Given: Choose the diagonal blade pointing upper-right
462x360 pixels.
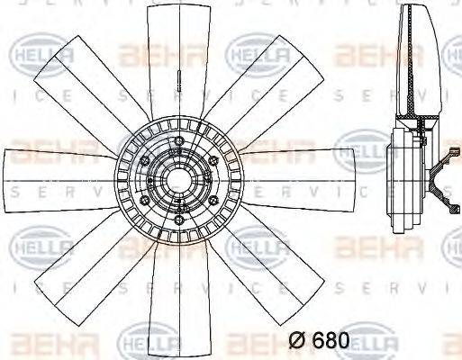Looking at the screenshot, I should tap(270, 81).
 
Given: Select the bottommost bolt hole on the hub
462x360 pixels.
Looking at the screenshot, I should tap(178, 220).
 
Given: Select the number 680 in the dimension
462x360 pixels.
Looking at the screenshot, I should tap(331, 341).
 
